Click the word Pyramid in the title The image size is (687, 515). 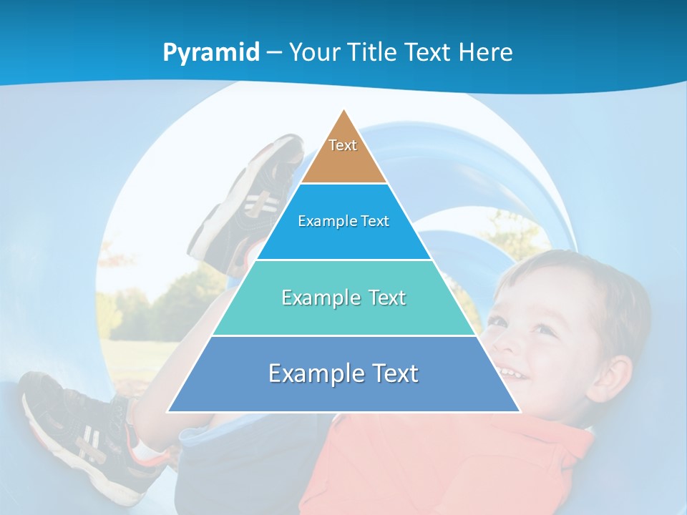(x=211, y=53)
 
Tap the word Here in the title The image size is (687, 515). (x=486, y=52)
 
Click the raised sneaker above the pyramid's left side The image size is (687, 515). (x=250, y=200)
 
